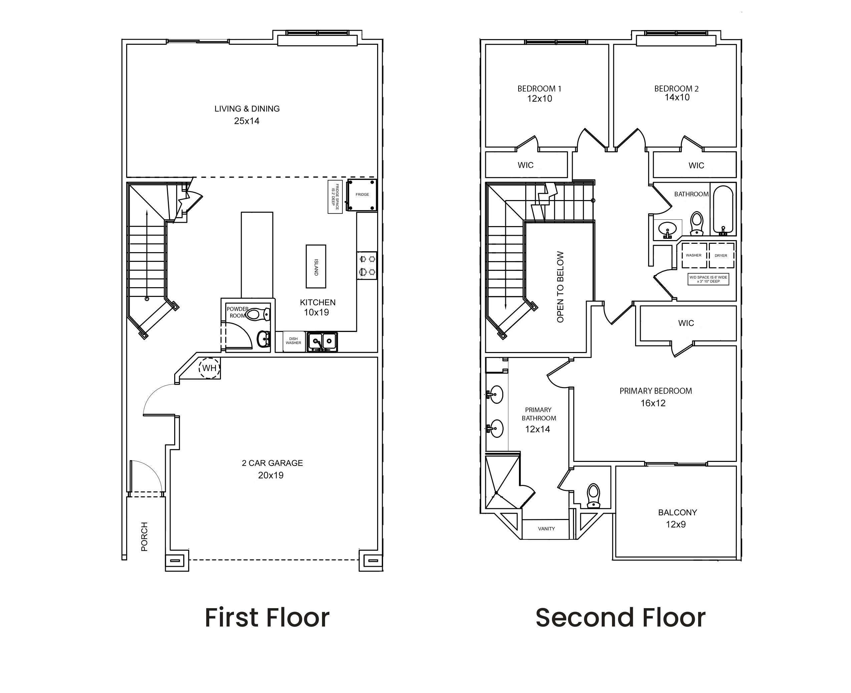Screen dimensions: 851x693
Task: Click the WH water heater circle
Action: pos(209,368)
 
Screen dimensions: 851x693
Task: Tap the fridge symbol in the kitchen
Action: pos(361,195)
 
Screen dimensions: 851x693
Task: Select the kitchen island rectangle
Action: pos(316,266)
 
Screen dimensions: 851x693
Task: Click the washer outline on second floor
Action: pos(693,255)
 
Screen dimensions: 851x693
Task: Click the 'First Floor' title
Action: pos(267,618)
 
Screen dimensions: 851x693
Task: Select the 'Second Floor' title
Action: pos(620,618)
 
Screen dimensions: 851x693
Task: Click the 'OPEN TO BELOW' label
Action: pos(560,287)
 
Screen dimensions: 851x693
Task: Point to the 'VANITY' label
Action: pos(546,529)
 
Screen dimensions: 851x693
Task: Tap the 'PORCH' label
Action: pos(145,536)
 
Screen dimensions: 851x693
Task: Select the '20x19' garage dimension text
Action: pos(271,475)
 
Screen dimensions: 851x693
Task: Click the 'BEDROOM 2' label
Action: pos(676,89)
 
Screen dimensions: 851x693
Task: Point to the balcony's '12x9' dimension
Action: pos(676,524)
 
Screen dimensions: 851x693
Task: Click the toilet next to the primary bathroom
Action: pos(594,495)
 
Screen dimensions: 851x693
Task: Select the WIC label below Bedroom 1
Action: pos(526,165)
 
